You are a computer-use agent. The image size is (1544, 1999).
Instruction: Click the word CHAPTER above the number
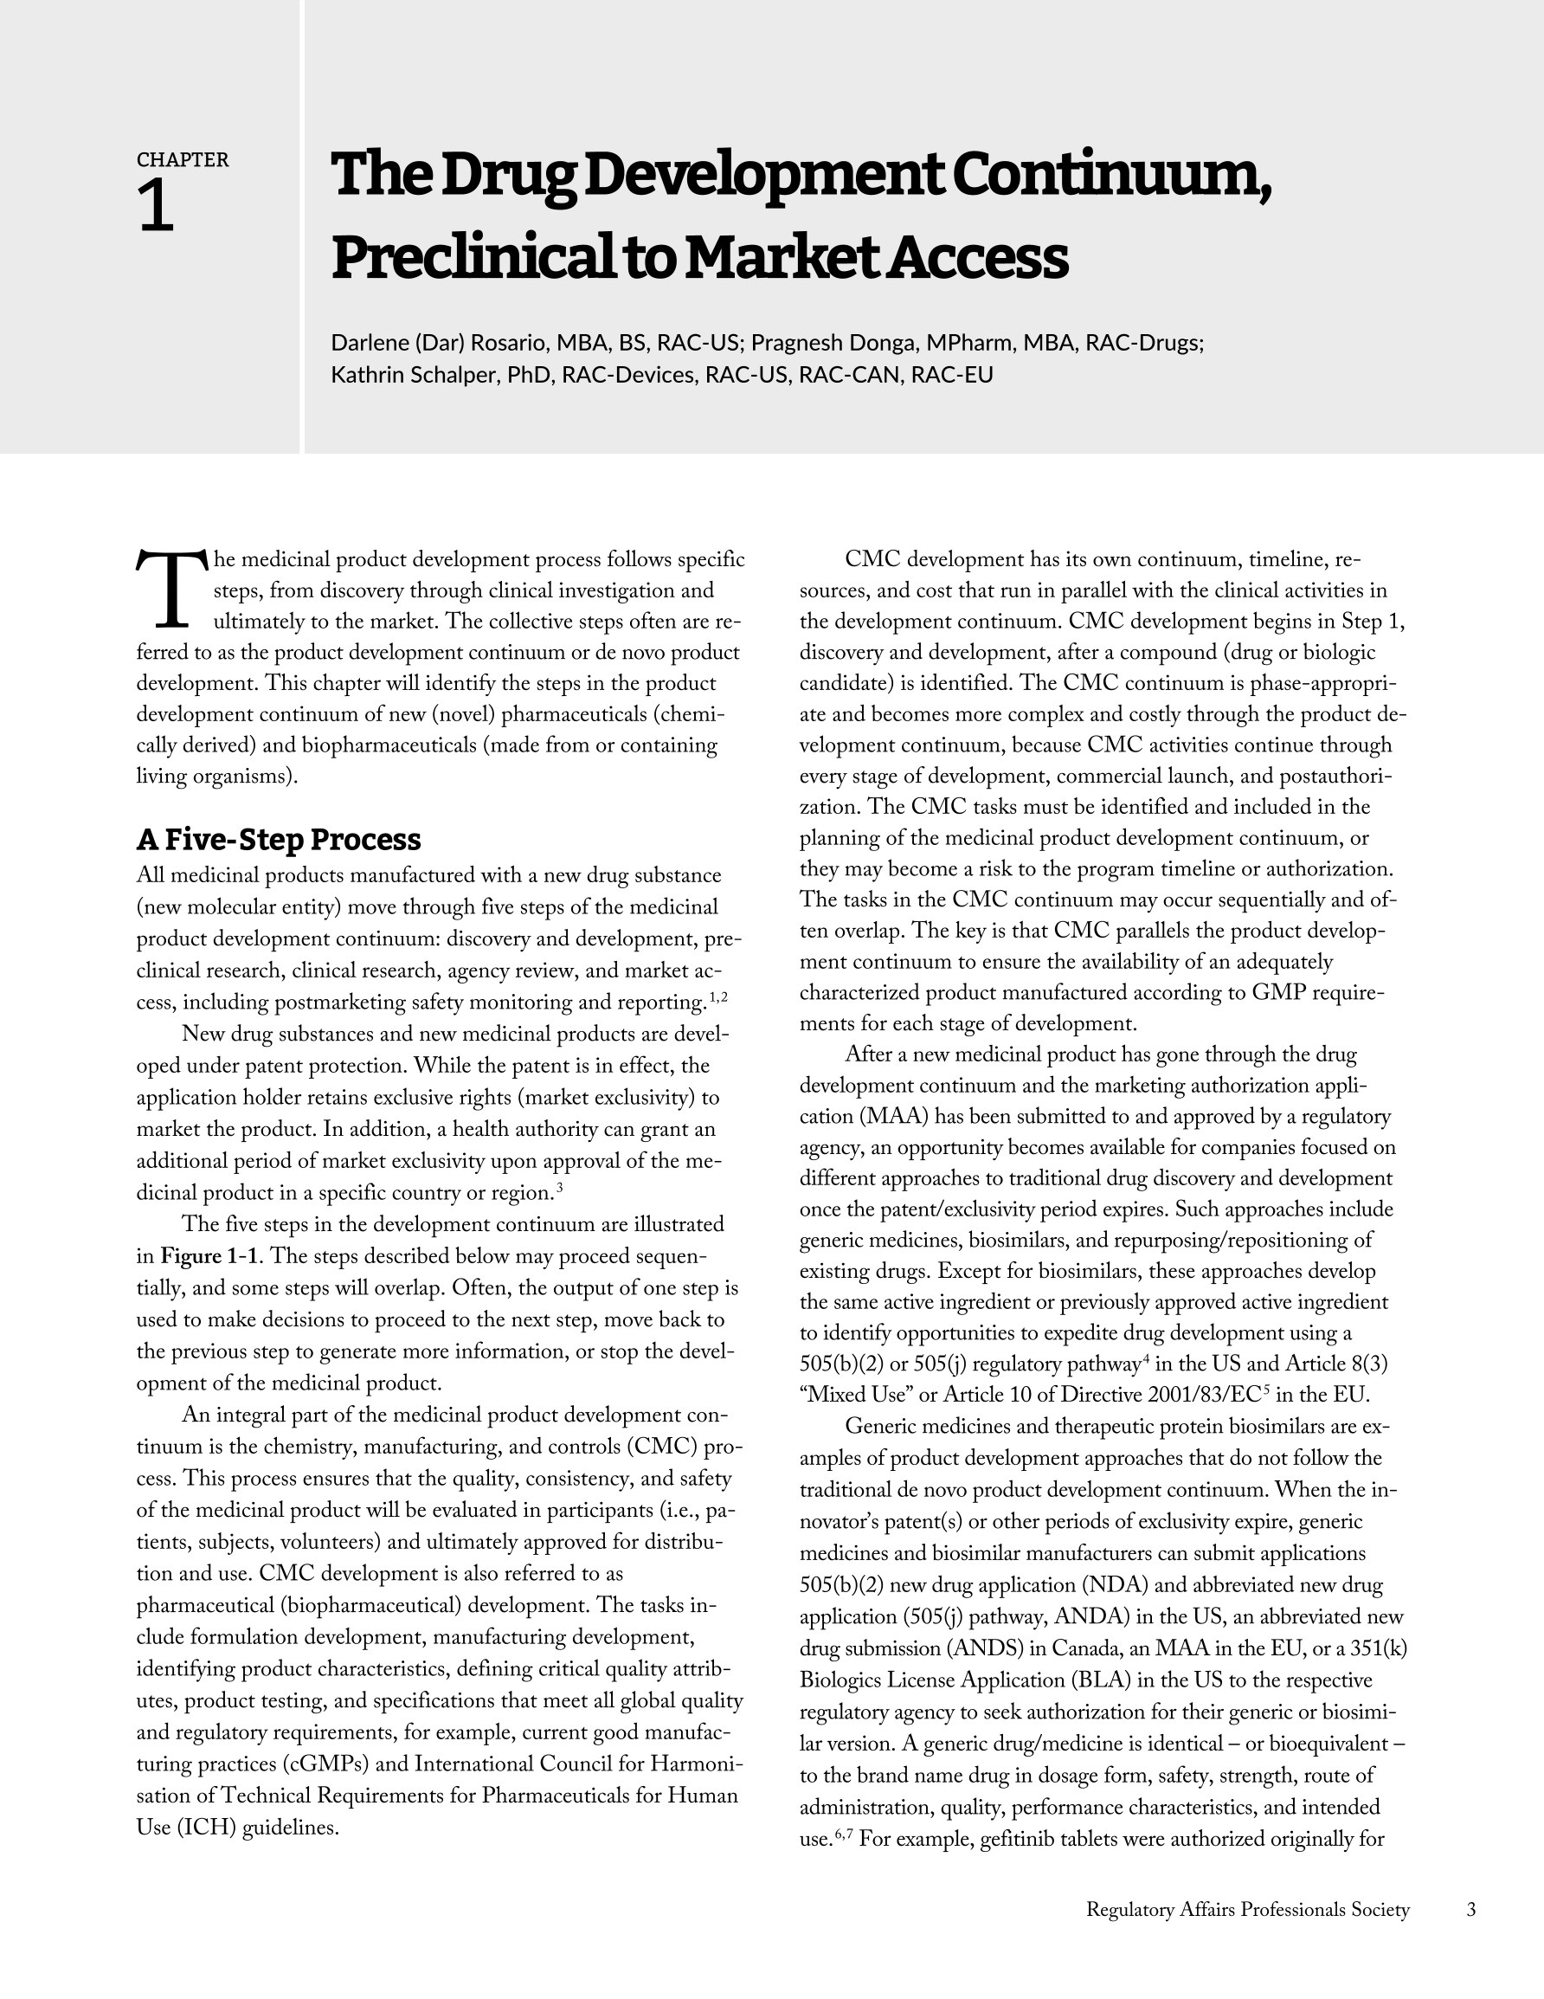(182, 159)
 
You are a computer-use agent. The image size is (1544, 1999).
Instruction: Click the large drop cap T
(172, 589)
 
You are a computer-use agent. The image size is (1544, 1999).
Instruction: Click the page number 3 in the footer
(1471, 1909)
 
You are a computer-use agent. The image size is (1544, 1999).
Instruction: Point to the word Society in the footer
(1380, 1909)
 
